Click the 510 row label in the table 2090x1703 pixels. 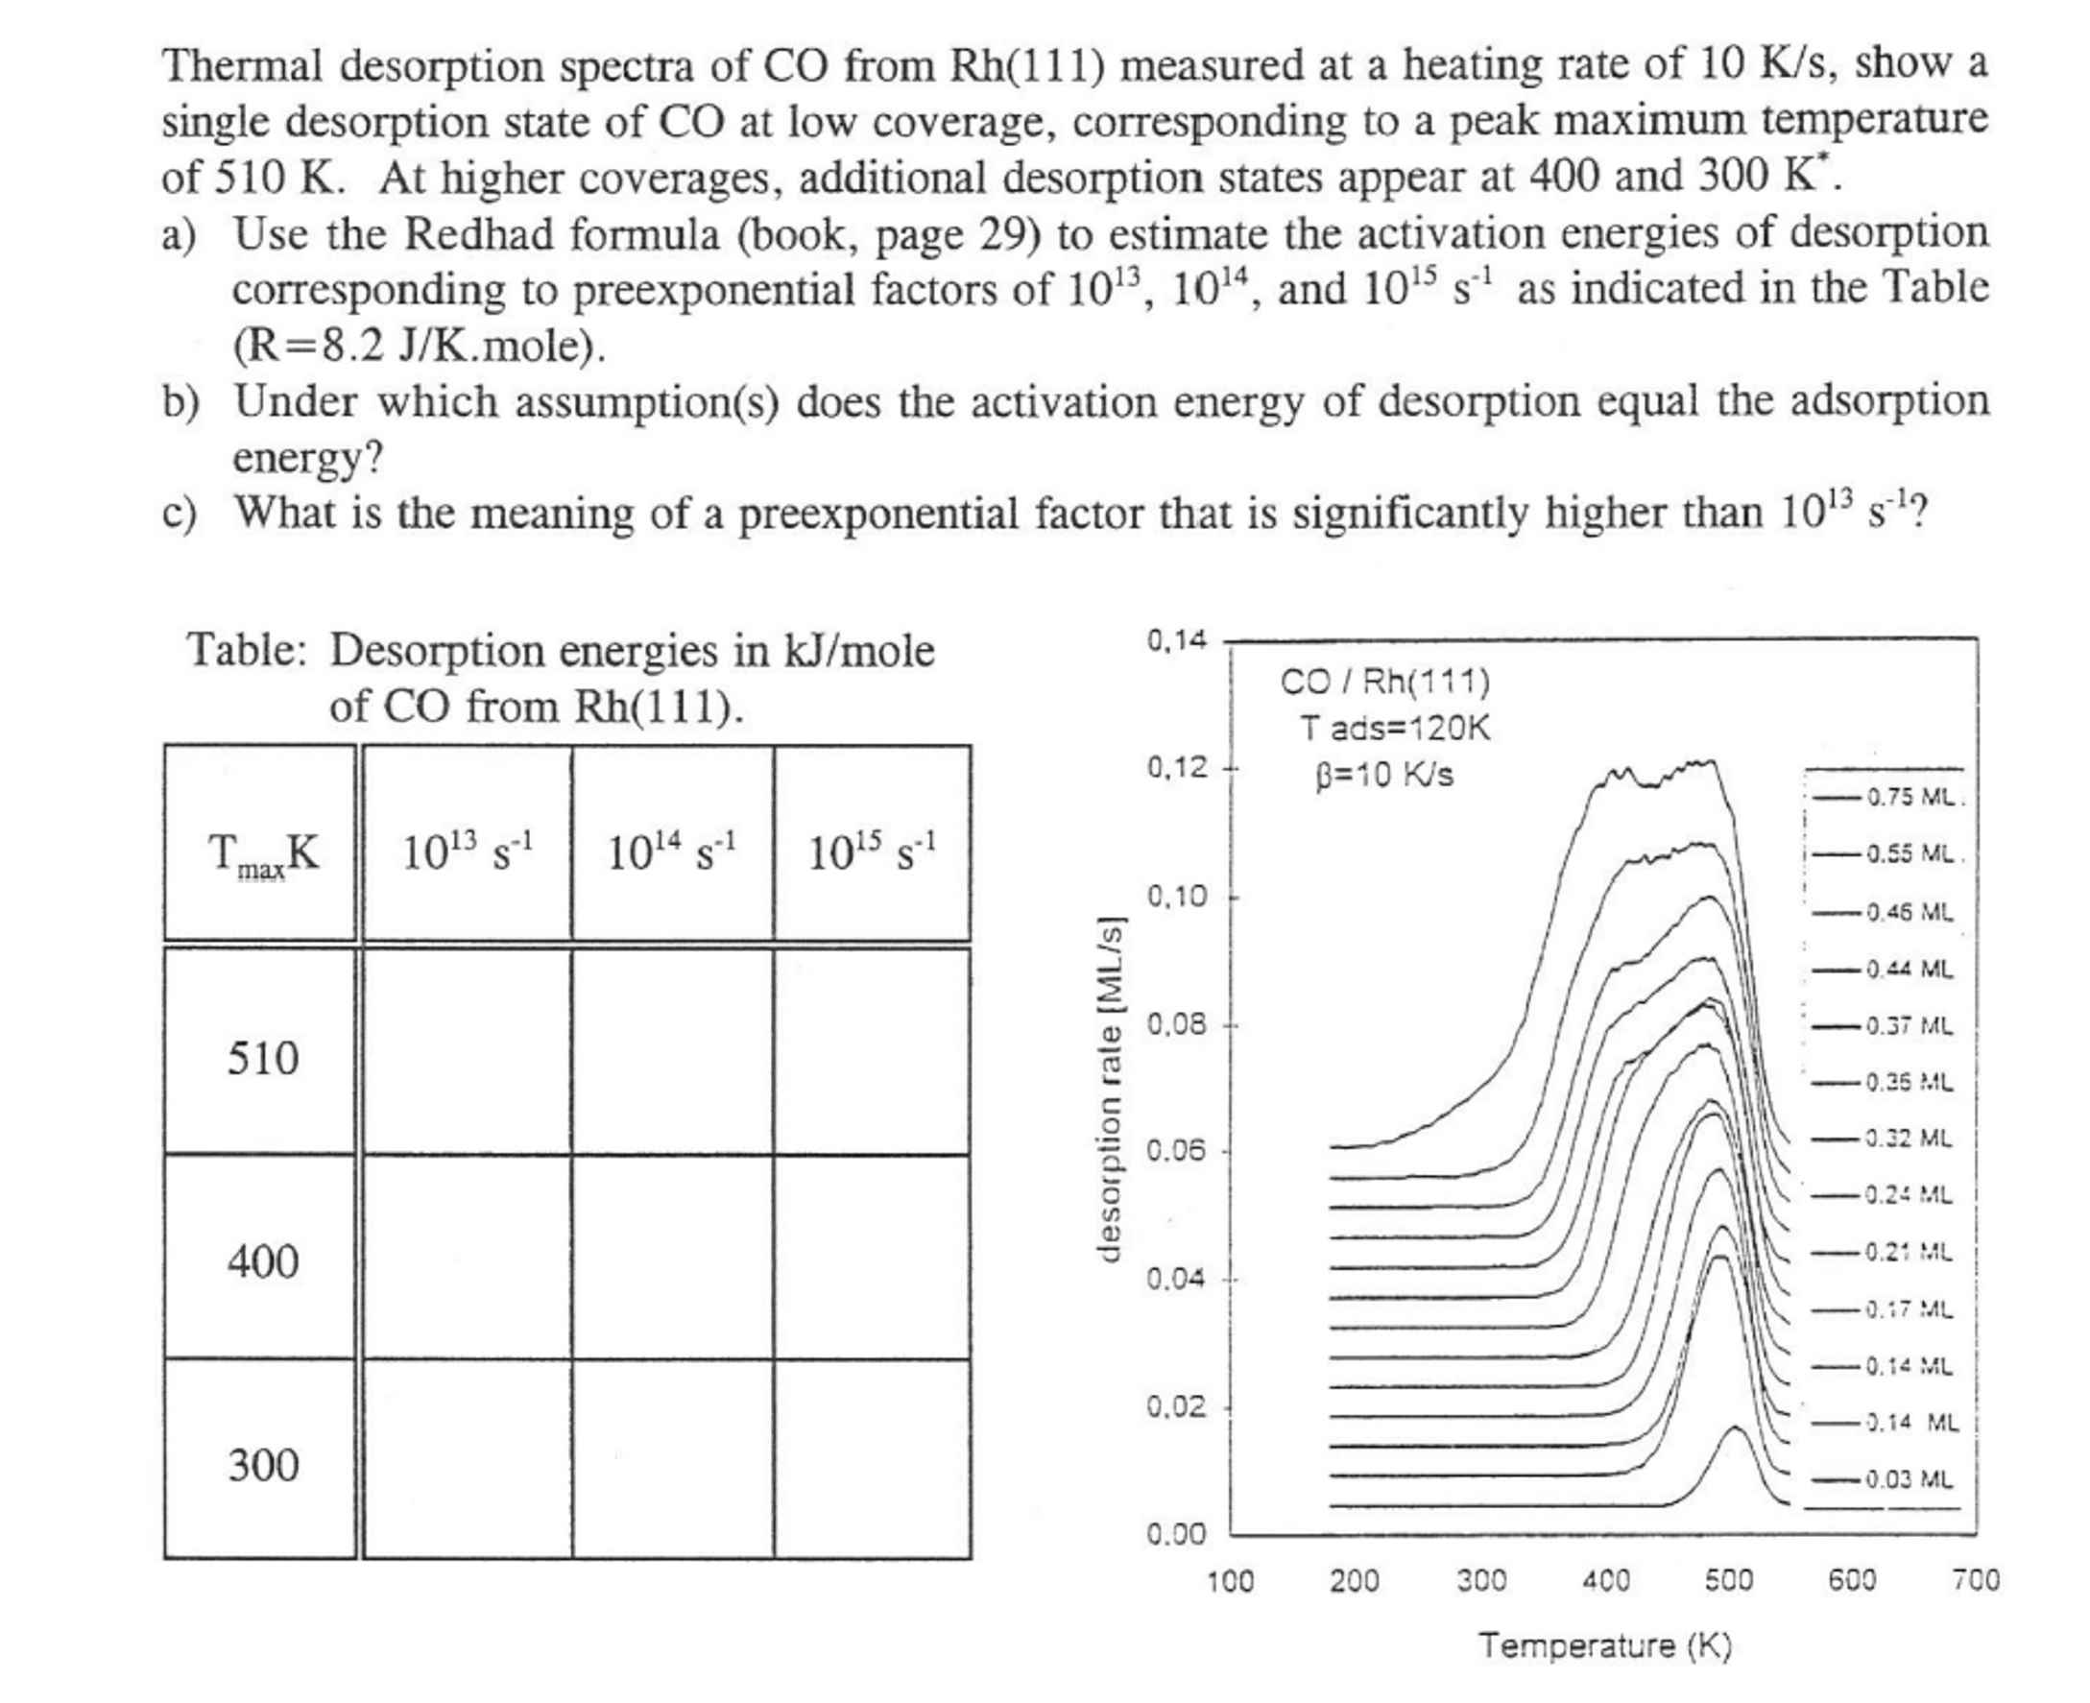(263, 1059)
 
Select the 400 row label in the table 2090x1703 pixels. (263, 1260)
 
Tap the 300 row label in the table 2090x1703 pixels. (263, 1465)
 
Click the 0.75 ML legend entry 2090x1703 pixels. (1910, 797)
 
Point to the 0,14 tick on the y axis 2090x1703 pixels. (1176, 640)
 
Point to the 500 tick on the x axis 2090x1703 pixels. (1728, 1580)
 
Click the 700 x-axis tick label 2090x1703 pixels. (1975, 1580)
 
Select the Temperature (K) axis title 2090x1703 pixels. (1605, 1646)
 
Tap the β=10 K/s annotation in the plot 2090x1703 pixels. (1383, 776)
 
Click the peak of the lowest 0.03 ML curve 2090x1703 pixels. (1735, 1428)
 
